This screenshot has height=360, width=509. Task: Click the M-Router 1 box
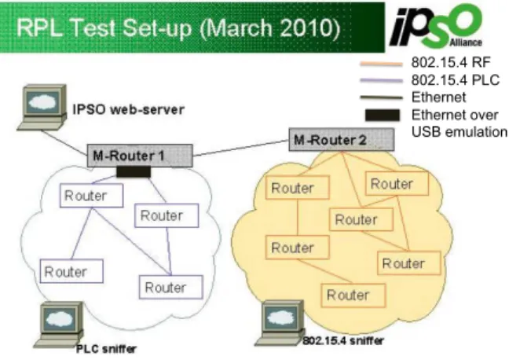pyautogui.click(x=140, y=156)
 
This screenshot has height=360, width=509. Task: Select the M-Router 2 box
pyautogui.click(x=342, y=140)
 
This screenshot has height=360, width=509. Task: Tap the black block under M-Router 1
pyautogui.click(x=134, y=172)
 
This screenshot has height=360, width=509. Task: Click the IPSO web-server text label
pyautogui.click(x=129, y=109)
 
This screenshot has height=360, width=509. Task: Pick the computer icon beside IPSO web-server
pyautogui.click(x=42, y=108)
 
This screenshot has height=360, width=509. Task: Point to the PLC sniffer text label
pyautogui.click(x=106, y=349)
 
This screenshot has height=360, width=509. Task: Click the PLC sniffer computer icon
pyautogui.click(x=59, y=325)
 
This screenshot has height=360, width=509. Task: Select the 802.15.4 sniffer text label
pyautogui.click(x=343, y=340)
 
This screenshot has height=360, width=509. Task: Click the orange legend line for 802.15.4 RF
pyautogui.click(x=381, y=64)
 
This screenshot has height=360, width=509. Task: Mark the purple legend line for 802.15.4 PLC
pyautogui.click(x=381, y=81)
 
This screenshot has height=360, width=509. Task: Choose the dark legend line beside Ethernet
pyautogui.click(x=381, y=97)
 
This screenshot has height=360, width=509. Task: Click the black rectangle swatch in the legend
pyautogui.click(x=382, y=116)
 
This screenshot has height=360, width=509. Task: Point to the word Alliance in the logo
pyautogui.click(x=466, y=42)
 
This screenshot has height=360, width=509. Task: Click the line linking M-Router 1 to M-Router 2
pyautogui.click(x=241, y=148)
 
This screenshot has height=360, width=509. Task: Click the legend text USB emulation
pyautogui.click(x=459, y=132)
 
